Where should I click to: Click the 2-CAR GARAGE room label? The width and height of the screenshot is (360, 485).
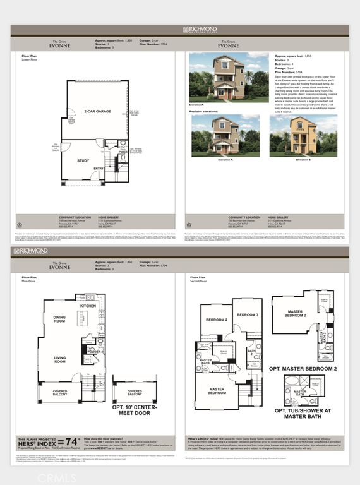tap(95, 111)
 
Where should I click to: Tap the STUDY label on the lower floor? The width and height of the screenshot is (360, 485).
tap(83, 160)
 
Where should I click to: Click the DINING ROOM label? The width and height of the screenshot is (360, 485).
tap(59, 320)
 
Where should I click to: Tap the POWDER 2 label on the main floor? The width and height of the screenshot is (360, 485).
tap(95, 351)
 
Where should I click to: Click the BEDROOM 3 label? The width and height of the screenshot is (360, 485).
tap(248, 314)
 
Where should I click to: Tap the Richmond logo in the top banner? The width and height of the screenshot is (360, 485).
tap(199, 30)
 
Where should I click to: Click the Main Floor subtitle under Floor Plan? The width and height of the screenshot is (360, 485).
tap(29, 281)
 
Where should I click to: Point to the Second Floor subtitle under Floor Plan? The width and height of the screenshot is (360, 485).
tap(200, 281)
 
